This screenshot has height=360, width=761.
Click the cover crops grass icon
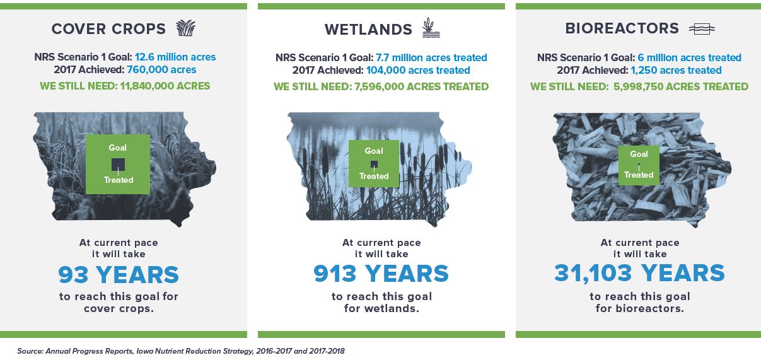pyautogui.click(x=186, y=28)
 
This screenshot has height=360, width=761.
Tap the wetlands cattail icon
pyautogui.click(x=431, y=28)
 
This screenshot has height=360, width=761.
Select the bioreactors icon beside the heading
pyautogui.click(x=702, y=29)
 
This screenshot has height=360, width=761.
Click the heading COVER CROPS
pyautogui.click(x=108, y=29)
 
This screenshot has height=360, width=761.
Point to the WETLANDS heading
pyautogui.click(x=368, y=30)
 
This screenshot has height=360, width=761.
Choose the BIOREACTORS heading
pyautogui.click(x=622, y=28)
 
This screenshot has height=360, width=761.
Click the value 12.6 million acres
pyautogui.click(x=175, y=57)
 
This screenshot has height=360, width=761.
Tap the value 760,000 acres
pyautogui.click(x=161, y=69)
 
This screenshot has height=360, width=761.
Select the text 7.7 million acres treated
pyautogui.click(x=431, y=57)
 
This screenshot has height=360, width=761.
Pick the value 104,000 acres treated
pyautogui.click(x=418, y=71)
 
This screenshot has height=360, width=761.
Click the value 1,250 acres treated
pyautogui.click(x=676, y=71)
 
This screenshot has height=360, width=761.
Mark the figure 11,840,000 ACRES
pyautogui.click(x=165, y=86)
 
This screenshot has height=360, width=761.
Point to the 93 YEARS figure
pyautogui.click(x=119, y=274)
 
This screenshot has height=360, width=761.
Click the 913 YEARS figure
pyautogui.click(x=381, y=274)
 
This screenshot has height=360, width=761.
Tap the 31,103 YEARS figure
pyautogui.click(x=639, y=274)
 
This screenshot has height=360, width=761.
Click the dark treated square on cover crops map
pyautogui.click(x=119, y=165)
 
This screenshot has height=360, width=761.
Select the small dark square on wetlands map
pyautogui.click(x=374, y=165)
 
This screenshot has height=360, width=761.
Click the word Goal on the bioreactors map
pyautogui.click(x=639, y=154)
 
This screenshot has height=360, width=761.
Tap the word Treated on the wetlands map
pyautogui.click(x=374, y=176)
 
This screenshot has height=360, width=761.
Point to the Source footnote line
pyautogui.click(x=181, y=351)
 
